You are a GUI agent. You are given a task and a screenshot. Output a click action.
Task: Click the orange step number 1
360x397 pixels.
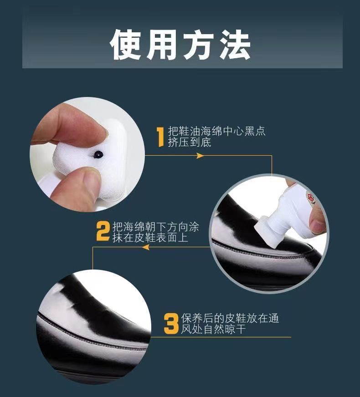pyautogui.click(x=160, y=137)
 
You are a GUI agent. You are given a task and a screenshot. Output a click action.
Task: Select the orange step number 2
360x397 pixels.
pyautogui.click(x=103, y=231)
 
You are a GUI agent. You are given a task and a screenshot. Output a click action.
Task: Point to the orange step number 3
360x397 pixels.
pyautogui.click(x=171, y=323)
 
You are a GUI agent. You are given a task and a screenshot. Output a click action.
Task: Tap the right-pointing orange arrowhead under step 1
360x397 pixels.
pyautogui.click(x=200, y=156)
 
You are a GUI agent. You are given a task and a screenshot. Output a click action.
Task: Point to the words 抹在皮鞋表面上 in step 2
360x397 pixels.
pyautogui.click(x=150, y=237)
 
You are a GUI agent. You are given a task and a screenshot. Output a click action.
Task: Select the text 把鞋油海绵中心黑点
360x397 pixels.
pyautogui.click(x=216, y=132)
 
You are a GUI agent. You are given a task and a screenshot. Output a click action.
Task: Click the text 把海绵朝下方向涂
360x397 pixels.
pyautogui.click(x=155, y=226)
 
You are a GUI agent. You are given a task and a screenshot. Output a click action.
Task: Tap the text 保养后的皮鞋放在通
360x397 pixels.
pyautogui.click(x=230, y=318)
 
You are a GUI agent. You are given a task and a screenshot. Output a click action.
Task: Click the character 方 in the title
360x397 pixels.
pyautogui.click(x=199, y=45)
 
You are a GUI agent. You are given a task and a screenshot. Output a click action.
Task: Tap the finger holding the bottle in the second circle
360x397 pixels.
pyautogui.click(x=318, y=222)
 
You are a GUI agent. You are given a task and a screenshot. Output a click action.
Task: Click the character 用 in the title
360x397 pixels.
pyautogui.click(x=163, y=45)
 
